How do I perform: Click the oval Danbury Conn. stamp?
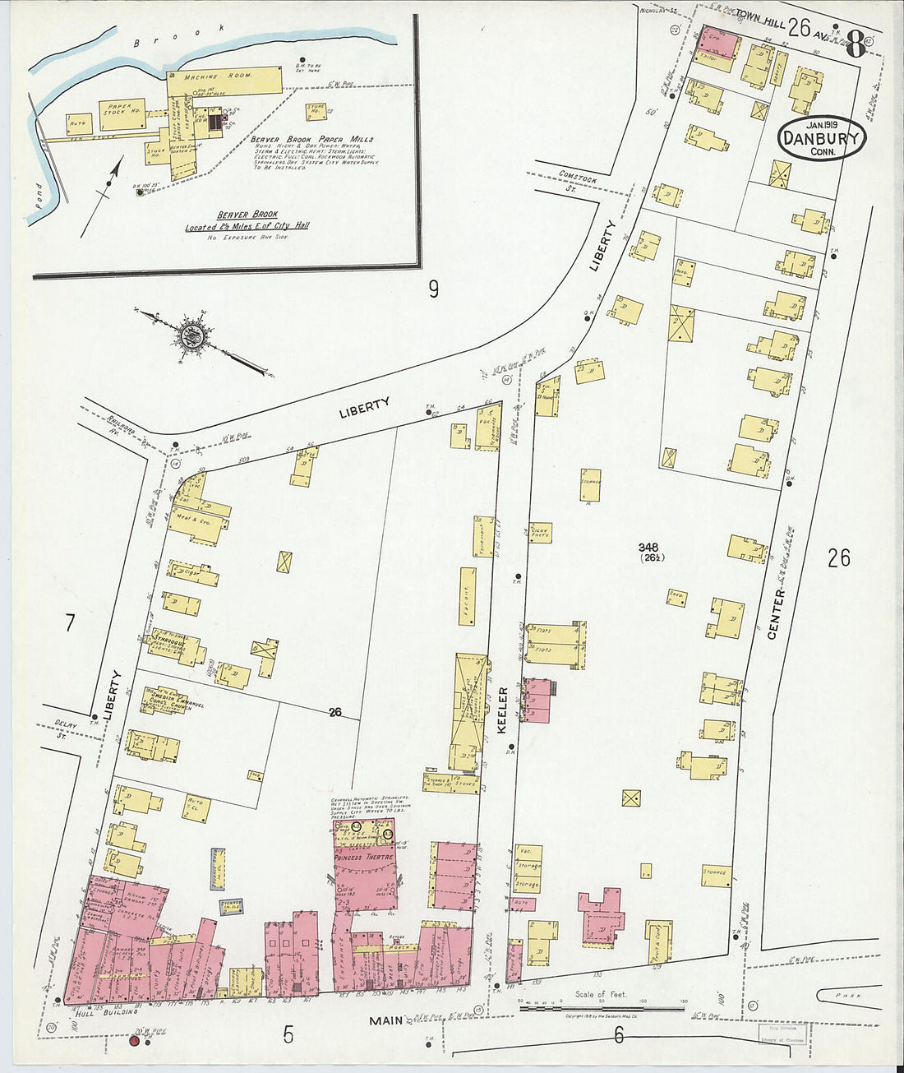(x=821, y=138)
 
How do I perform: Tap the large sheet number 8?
(x=854, y=44)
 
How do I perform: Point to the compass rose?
(x=192, y=335)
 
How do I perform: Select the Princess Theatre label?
(x=365, y=857)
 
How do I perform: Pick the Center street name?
(x=775, y=613)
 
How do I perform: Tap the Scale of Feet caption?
(x=600, y=994)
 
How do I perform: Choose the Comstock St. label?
(x=576, y=178)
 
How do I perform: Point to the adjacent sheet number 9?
(x=433, y=289)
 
